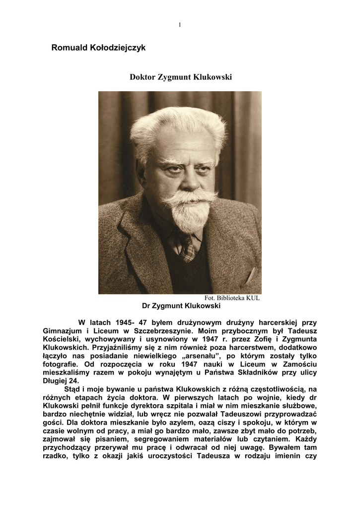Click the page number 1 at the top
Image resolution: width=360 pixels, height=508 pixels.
180,25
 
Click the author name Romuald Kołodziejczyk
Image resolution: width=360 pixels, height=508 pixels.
98,48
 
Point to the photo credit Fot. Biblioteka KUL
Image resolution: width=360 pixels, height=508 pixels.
232,298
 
